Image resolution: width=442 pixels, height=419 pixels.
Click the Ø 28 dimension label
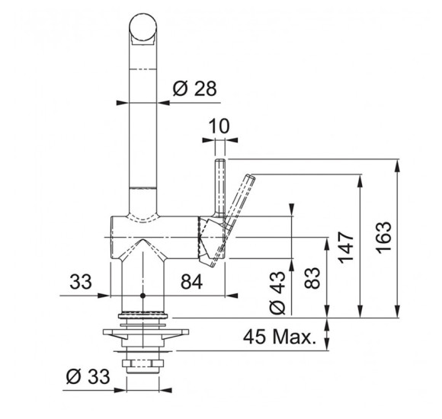194,88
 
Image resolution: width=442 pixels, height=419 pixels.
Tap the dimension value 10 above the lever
219,126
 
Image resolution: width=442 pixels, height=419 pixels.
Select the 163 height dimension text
385,238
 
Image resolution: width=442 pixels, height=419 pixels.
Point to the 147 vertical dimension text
347,248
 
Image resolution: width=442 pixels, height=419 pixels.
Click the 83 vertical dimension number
312,277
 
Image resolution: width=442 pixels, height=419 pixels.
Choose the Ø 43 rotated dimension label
277,293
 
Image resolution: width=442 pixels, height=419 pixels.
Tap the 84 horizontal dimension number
192,282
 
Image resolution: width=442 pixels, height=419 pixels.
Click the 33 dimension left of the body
81,282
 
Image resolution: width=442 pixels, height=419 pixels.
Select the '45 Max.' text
278,337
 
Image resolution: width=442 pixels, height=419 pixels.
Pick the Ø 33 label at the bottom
88,376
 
